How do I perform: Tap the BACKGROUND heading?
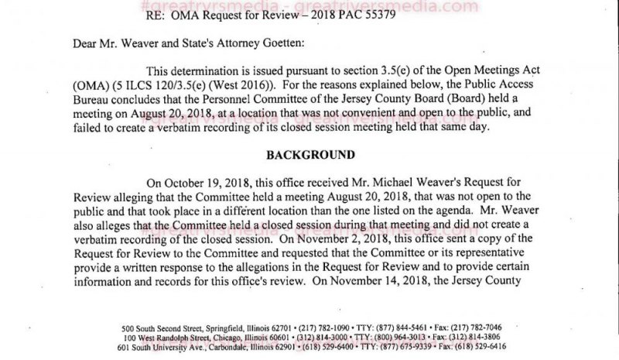tap(310, 154)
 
